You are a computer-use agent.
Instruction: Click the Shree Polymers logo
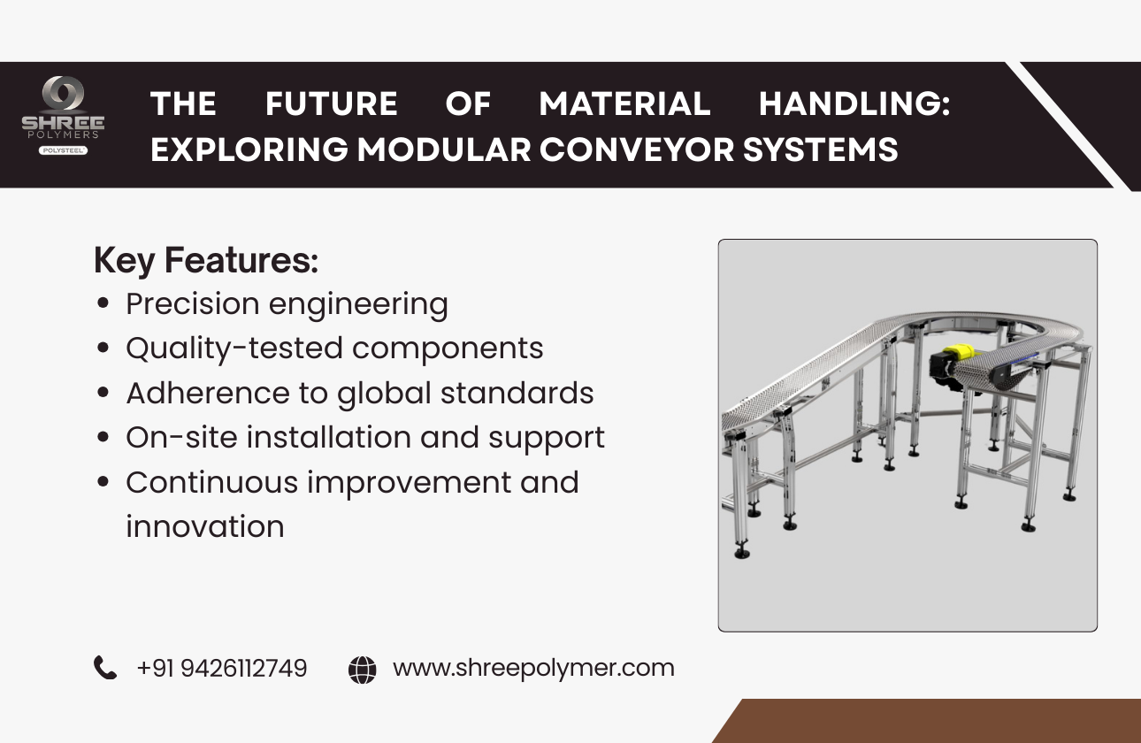point(63,115)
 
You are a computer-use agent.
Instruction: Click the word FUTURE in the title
point(331,104)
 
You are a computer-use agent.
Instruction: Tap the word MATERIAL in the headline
point(624,104)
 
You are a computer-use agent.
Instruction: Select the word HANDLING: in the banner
point(854,104)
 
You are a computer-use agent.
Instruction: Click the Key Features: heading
point(205,261)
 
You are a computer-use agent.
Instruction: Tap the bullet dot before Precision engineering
point(104,304)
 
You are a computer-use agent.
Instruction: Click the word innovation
point(205,526)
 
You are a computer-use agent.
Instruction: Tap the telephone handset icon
point(105,668)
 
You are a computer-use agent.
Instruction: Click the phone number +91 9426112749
point(222,668)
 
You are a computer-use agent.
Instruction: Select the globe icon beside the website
point(362,669)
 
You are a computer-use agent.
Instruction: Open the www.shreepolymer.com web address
point(533,668)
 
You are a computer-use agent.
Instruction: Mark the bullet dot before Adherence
point(104,394)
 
